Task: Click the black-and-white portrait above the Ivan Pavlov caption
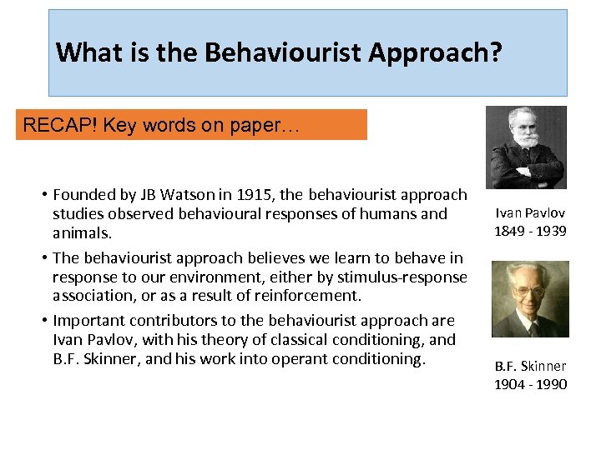[x=526, y=147]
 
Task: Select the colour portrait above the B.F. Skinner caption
[x=530, y=299]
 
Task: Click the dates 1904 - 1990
[x=531, y=384]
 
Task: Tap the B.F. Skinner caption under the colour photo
[x=531, y=366]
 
